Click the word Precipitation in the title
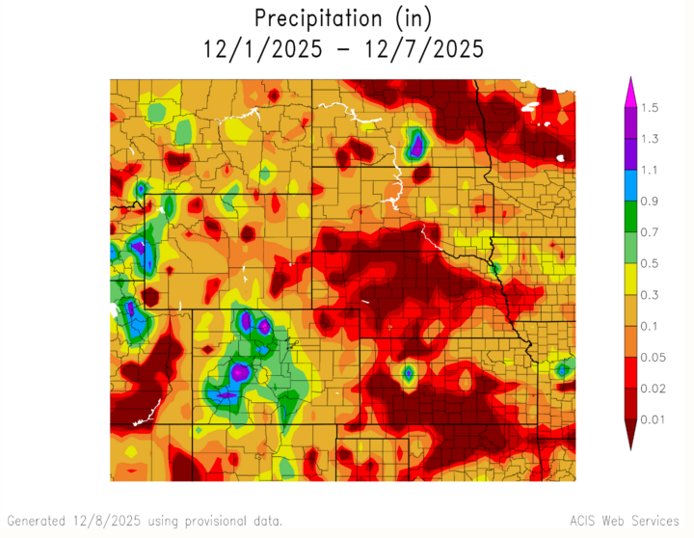tap(315, 17)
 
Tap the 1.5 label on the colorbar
tap(649, 108)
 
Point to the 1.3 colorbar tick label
tap(649, 139)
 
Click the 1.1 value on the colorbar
tap(649, 170)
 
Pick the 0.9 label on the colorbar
tap(649, 201)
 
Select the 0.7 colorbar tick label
tap(649, 232)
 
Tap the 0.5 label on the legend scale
tap(649, 263)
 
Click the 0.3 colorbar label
tap(649, 294)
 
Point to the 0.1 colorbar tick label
tap(649, 326)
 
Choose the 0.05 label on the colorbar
tap(653, 357)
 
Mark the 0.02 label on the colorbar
tap(653, 388)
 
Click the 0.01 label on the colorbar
tap(653, 418)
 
